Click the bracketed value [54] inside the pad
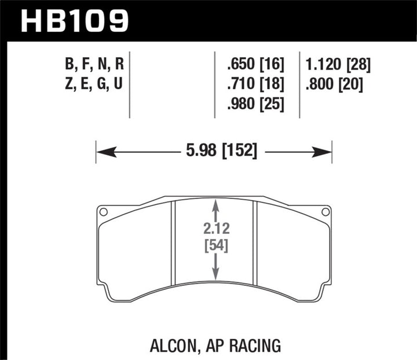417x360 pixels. [216, 246]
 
